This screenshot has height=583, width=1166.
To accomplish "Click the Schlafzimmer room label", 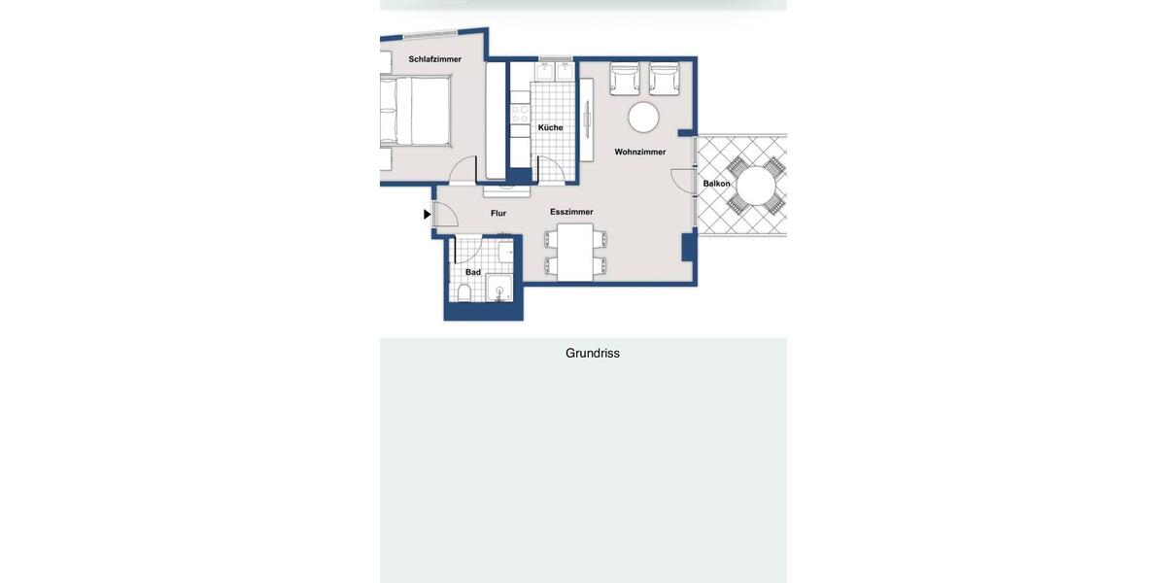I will point(434,59).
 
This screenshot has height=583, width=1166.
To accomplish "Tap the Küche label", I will point(550,127).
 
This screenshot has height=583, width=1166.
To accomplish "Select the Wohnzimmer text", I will point(640,152).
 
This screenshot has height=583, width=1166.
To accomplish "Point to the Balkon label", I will point(717,184).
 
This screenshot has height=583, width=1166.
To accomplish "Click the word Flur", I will point(498,213).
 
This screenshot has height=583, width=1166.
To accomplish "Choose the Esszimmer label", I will point(571,212).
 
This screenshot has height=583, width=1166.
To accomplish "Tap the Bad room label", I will point(473,272).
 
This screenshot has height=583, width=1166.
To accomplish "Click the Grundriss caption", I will point(593,354).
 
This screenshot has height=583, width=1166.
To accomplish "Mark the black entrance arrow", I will point(427,214).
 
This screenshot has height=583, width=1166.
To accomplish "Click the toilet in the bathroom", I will point(466,292).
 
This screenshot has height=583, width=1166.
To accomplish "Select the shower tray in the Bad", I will point(499,288).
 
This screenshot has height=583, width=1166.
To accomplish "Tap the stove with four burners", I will point(521,114).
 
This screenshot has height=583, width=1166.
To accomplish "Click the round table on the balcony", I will point(757,185).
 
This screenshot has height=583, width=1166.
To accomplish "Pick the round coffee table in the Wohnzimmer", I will point(643,118).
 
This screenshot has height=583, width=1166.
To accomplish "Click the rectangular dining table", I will point(575,252).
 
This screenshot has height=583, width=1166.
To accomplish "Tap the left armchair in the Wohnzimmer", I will point(625,79).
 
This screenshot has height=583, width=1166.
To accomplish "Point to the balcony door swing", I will point(681,181).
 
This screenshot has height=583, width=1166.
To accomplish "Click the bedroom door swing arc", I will point(463,169).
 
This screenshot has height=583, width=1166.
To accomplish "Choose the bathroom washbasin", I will point(505,253).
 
